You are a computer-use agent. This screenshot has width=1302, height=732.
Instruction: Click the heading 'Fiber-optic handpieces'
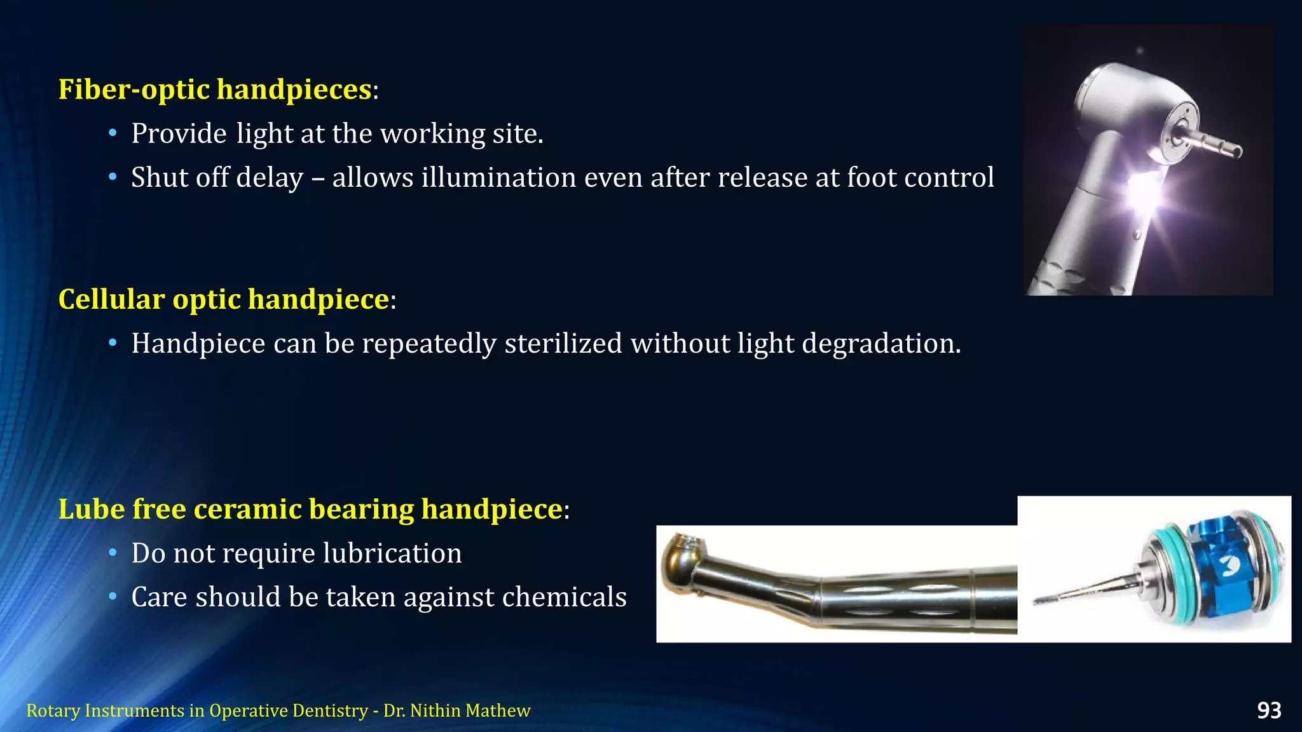pos(215,89)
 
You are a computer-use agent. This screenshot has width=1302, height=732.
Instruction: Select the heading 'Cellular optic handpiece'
pos(224,299)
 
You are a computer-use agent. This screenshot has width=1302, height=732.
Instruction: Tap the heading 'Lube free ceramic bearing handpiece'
pos(310,509)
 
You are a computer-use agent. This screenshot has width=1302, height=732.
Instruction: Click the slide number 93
pos(1269,710)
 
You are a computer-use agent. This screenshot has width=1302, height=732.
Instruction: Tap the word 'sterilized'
pos(563,344)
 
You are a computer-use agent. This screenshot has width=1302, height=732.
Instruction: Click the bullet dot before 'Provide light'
pos(113,133)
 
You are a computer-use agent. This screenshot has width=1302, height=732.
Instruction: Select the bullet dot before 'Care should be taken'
pos(113,597)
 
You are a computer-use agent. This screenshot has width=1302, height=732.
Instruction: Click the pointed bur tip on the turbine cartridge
pos(1043,599)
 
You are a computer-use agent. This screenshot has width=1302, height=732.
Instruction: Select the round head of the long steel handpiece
pos(683,562)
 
